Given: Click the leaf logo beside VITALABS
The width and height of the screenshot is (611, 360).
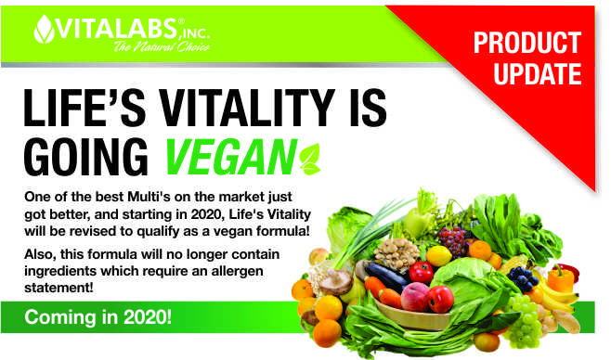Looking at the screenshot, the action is [x=45, y=29].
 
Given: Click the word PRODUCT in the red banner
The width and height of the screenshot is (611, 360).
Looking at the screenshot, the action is [x=527, y=43].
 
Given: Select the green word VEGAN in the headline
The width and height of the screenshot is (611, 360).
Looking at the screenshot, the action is [x=231, y=157].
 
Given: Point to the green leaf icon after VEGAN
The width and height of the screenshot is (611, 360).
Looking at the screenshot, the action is [x=310, y=159].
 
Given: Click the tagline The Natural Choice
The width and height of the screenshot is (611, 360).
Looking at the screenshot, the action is [x=162, y=47].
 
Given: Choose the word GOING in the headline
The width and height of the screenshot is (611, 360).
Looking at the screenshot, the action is [x=85, y=157].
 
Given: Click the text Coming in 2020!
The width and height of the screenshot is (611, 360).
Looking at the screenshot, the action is [x=97, y=317].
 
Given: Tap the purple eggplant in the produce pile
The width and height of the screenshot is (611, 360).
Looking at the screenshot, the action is [x=385, y=276].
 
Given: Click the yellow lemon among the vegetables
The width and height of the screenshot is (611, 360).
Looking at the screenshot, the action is [x=439, y=256].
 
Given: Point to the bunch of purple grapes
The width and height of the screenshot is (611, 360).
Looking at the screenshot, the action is [x=453, y=239].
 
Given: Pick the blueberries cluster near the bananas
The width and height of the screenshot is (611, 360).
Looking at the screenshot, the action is [x=523, y=277].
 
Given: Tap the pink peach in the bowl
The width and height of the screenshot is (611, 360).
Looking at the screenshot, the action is [x=414, y=297].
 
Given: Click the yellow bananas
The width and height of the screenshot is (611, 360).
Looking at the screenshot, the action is [x=556, y=298].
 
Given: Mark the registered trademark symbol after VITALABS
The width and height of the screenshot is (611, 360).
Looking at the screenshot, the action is [x=181, y=21].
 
